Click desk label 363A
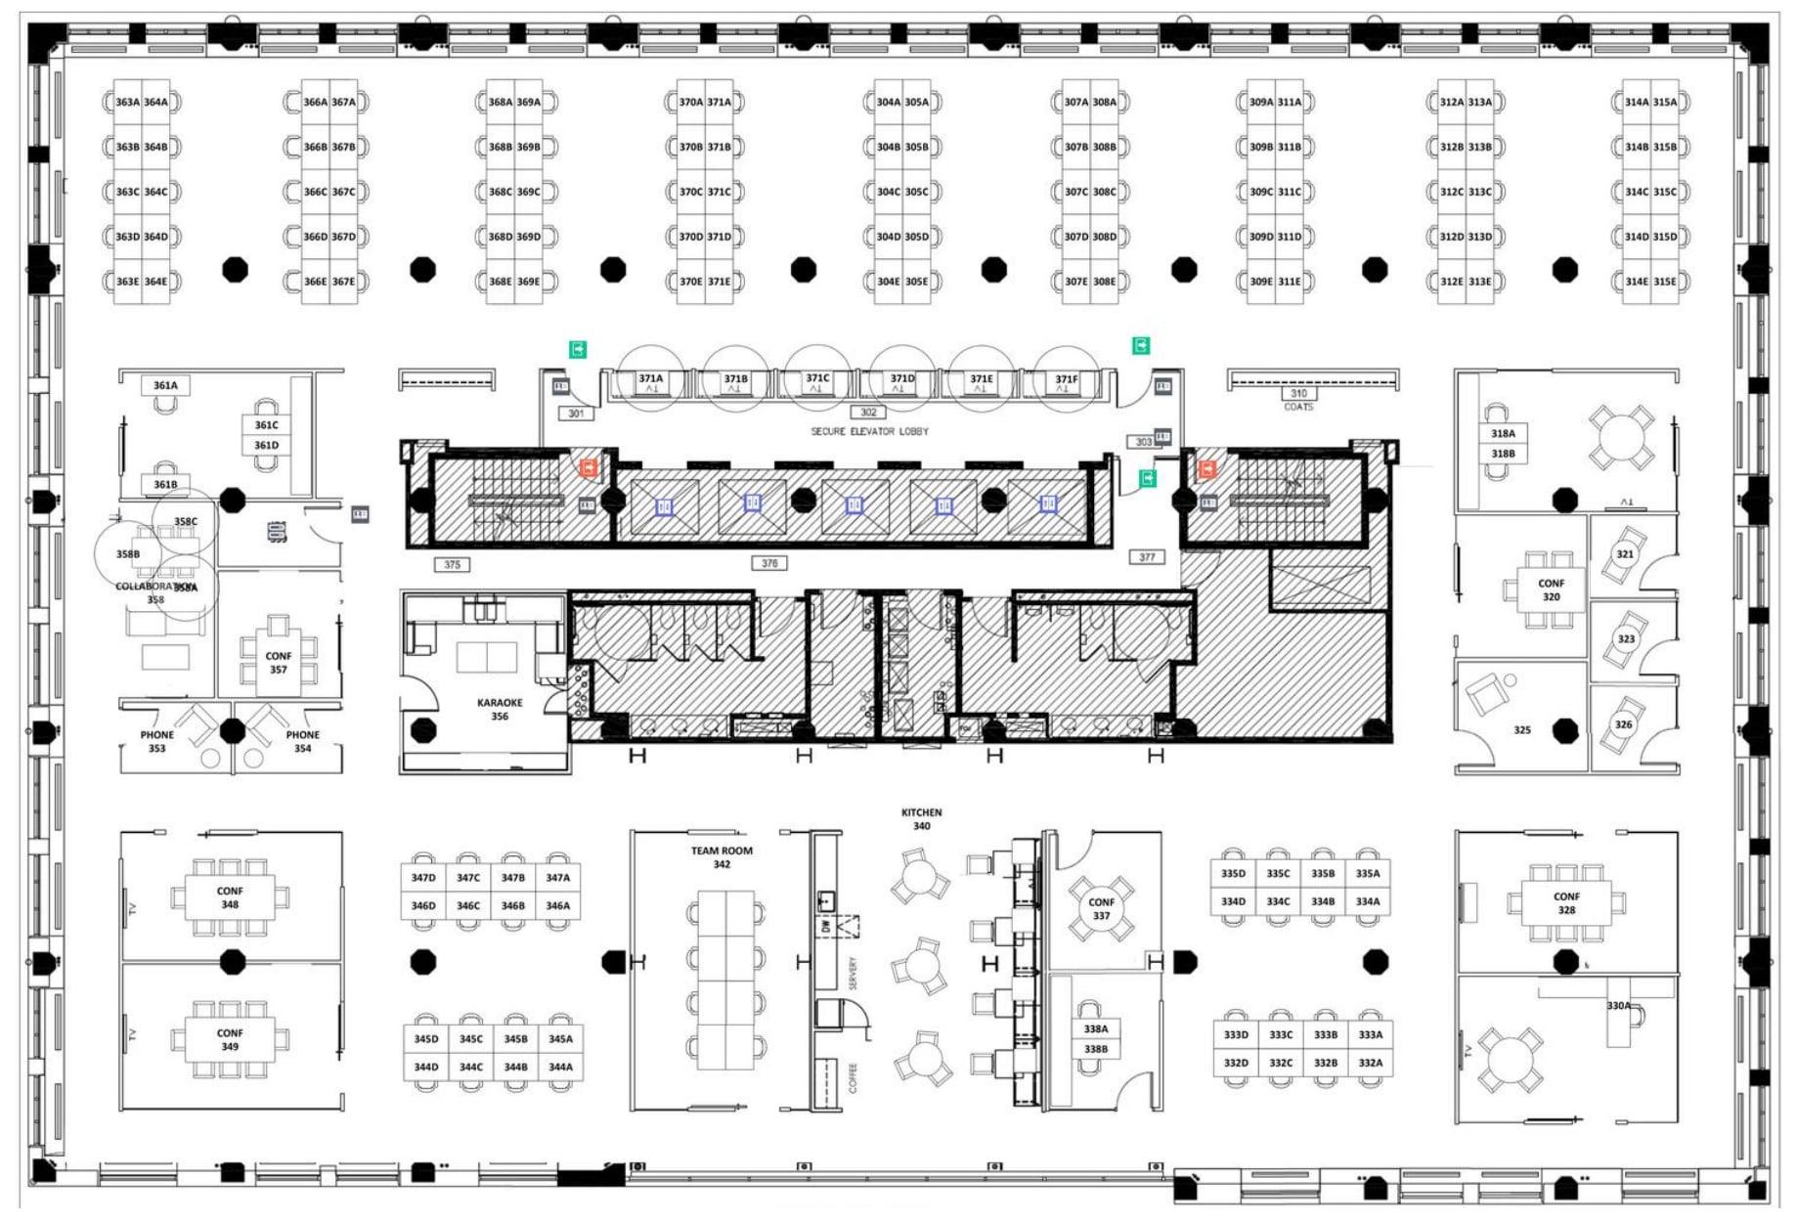coord(127,102)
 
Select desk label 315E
coord(1664,282)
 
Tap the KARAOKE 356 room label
coord(500,710)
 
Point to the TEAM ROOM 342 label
coord(722,857)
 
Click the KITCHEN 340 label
coord(921,819)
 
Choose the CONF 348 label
coord(230,897)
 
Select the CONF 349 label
coord(230,1039)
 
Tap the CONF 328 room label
coord(1566,903)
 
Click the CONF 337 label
coord(1101,909)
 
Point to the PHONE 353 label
coord(156,742)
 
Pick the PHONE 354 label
coord(302,742)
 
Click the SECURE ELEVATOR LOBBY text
coord(869,431)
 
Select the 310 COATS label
coord(1298,399)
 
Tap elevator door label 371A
coord(651,378)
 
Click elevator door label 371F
coord(1067,379)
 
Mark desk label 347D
coord(423,878)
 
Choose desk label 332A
coord(1371,1063)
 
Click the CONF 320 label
coord(1551,589)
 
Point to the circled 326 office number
coord(1624,724)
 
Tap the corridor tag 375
coord(452,565)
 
